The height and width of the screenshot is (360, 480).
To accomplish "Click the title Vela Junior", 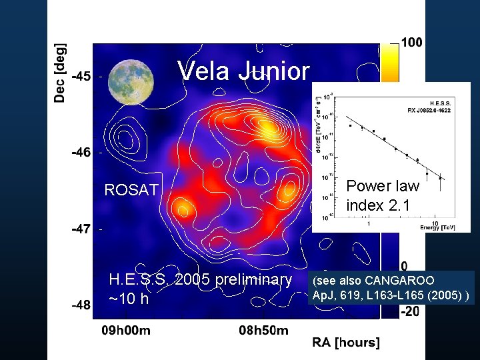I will click(x=244, y=71).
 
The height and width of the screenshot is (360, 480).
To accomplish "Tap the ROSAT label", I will click(x=131, y=190).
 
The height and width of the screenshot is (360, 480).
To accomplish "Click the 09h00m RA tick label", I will click(x=125, y=330).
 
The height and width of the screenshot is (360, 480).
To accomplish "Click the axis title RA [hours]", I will click(x=346, y=343).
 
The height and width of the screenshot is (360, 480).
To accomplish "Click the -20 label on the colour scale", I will click(x=410, y=311).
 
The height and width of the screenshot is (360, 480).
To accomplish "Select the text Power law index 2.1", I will click(x=383, y=195).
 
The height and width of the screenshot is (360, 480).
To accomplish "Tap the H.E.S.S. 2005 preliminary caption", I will click(x=200, y=279).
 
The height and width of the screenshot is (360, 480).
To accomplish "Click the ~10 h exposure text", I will click(x=129, y=299).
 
